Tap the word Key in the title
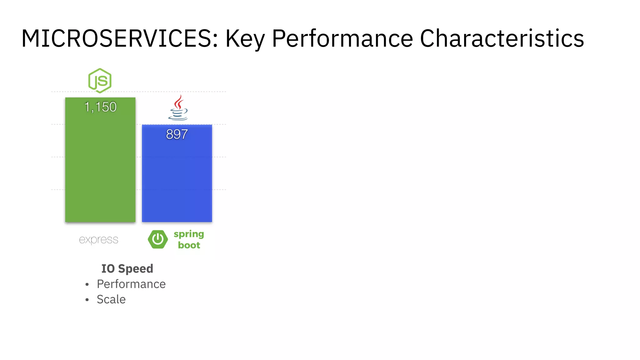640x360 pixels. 245,39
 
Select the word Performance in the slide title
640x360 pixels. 342,38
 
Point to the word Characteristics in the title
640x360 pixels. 502,38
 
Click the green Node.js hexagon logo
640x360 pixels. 100,81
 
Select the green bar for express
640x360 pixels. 100,166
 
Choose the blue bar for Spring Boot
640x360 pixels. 177,178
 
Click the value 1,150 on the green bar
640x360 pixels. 100,107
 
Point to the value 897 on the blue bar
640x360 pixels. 177,134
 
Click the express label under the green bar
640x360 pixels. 98,240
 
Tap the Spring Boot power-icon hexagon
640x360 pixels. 158,239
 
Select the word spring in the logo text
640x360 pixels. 189,234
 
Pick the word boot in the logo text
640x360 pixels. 189,245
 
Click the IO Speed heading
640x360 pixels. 127,268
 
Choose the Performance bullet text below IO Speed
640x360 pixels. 131,284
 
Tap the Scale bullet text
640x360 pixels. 111,299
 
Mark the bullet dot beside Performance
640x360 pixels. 87,284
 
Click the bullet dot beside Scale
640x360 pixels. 87,300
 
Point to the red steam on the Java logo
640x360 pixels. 179,102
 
